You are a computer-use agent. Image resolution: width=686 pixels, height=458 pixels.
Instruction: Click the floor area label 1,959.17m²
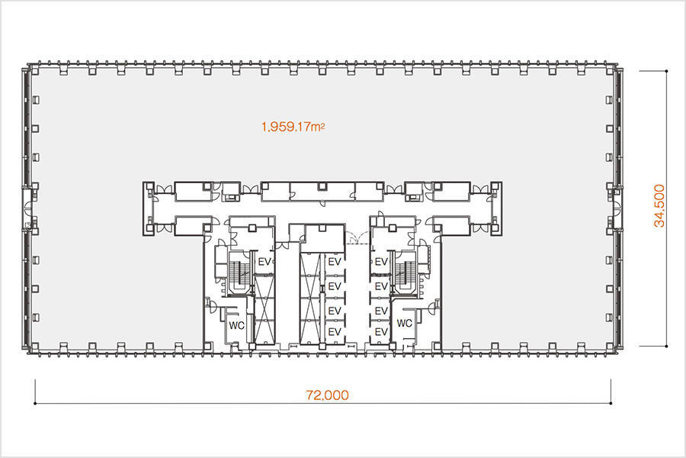click(x=293, y=127)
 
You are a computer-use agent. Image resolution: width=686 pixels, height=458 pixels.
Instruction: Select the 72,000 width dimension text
click(x=328, y=395)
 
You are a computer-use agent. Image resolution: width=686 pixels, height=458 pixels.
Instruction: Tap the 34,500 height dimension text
click(x=659, y=205)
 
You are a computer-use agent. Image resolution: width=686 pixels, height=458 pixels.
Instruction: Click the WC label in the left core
click(x=237, y=326)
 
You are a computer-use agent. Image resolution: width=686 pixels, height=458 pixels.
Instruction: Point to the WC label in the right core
click(x=404, y=323)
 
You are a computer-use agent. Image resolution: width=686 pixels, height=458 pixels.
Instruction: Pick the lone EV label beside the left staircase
click(x=264, y=262)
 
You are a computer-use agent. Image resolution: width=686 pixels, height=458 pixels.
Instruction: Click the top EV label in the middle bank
click(x=335, y=262)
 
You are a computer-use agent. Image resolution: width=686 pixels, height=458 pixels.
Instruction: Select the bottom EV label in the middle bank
click(x=335, y=332)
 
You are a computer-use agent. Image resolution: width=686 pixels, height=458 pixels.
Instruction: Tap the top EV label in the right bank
click(x=382, y=262)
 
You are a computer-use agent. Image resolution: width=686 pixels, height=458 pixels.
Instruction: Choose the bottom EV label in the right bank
click(x=382, y=332)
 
